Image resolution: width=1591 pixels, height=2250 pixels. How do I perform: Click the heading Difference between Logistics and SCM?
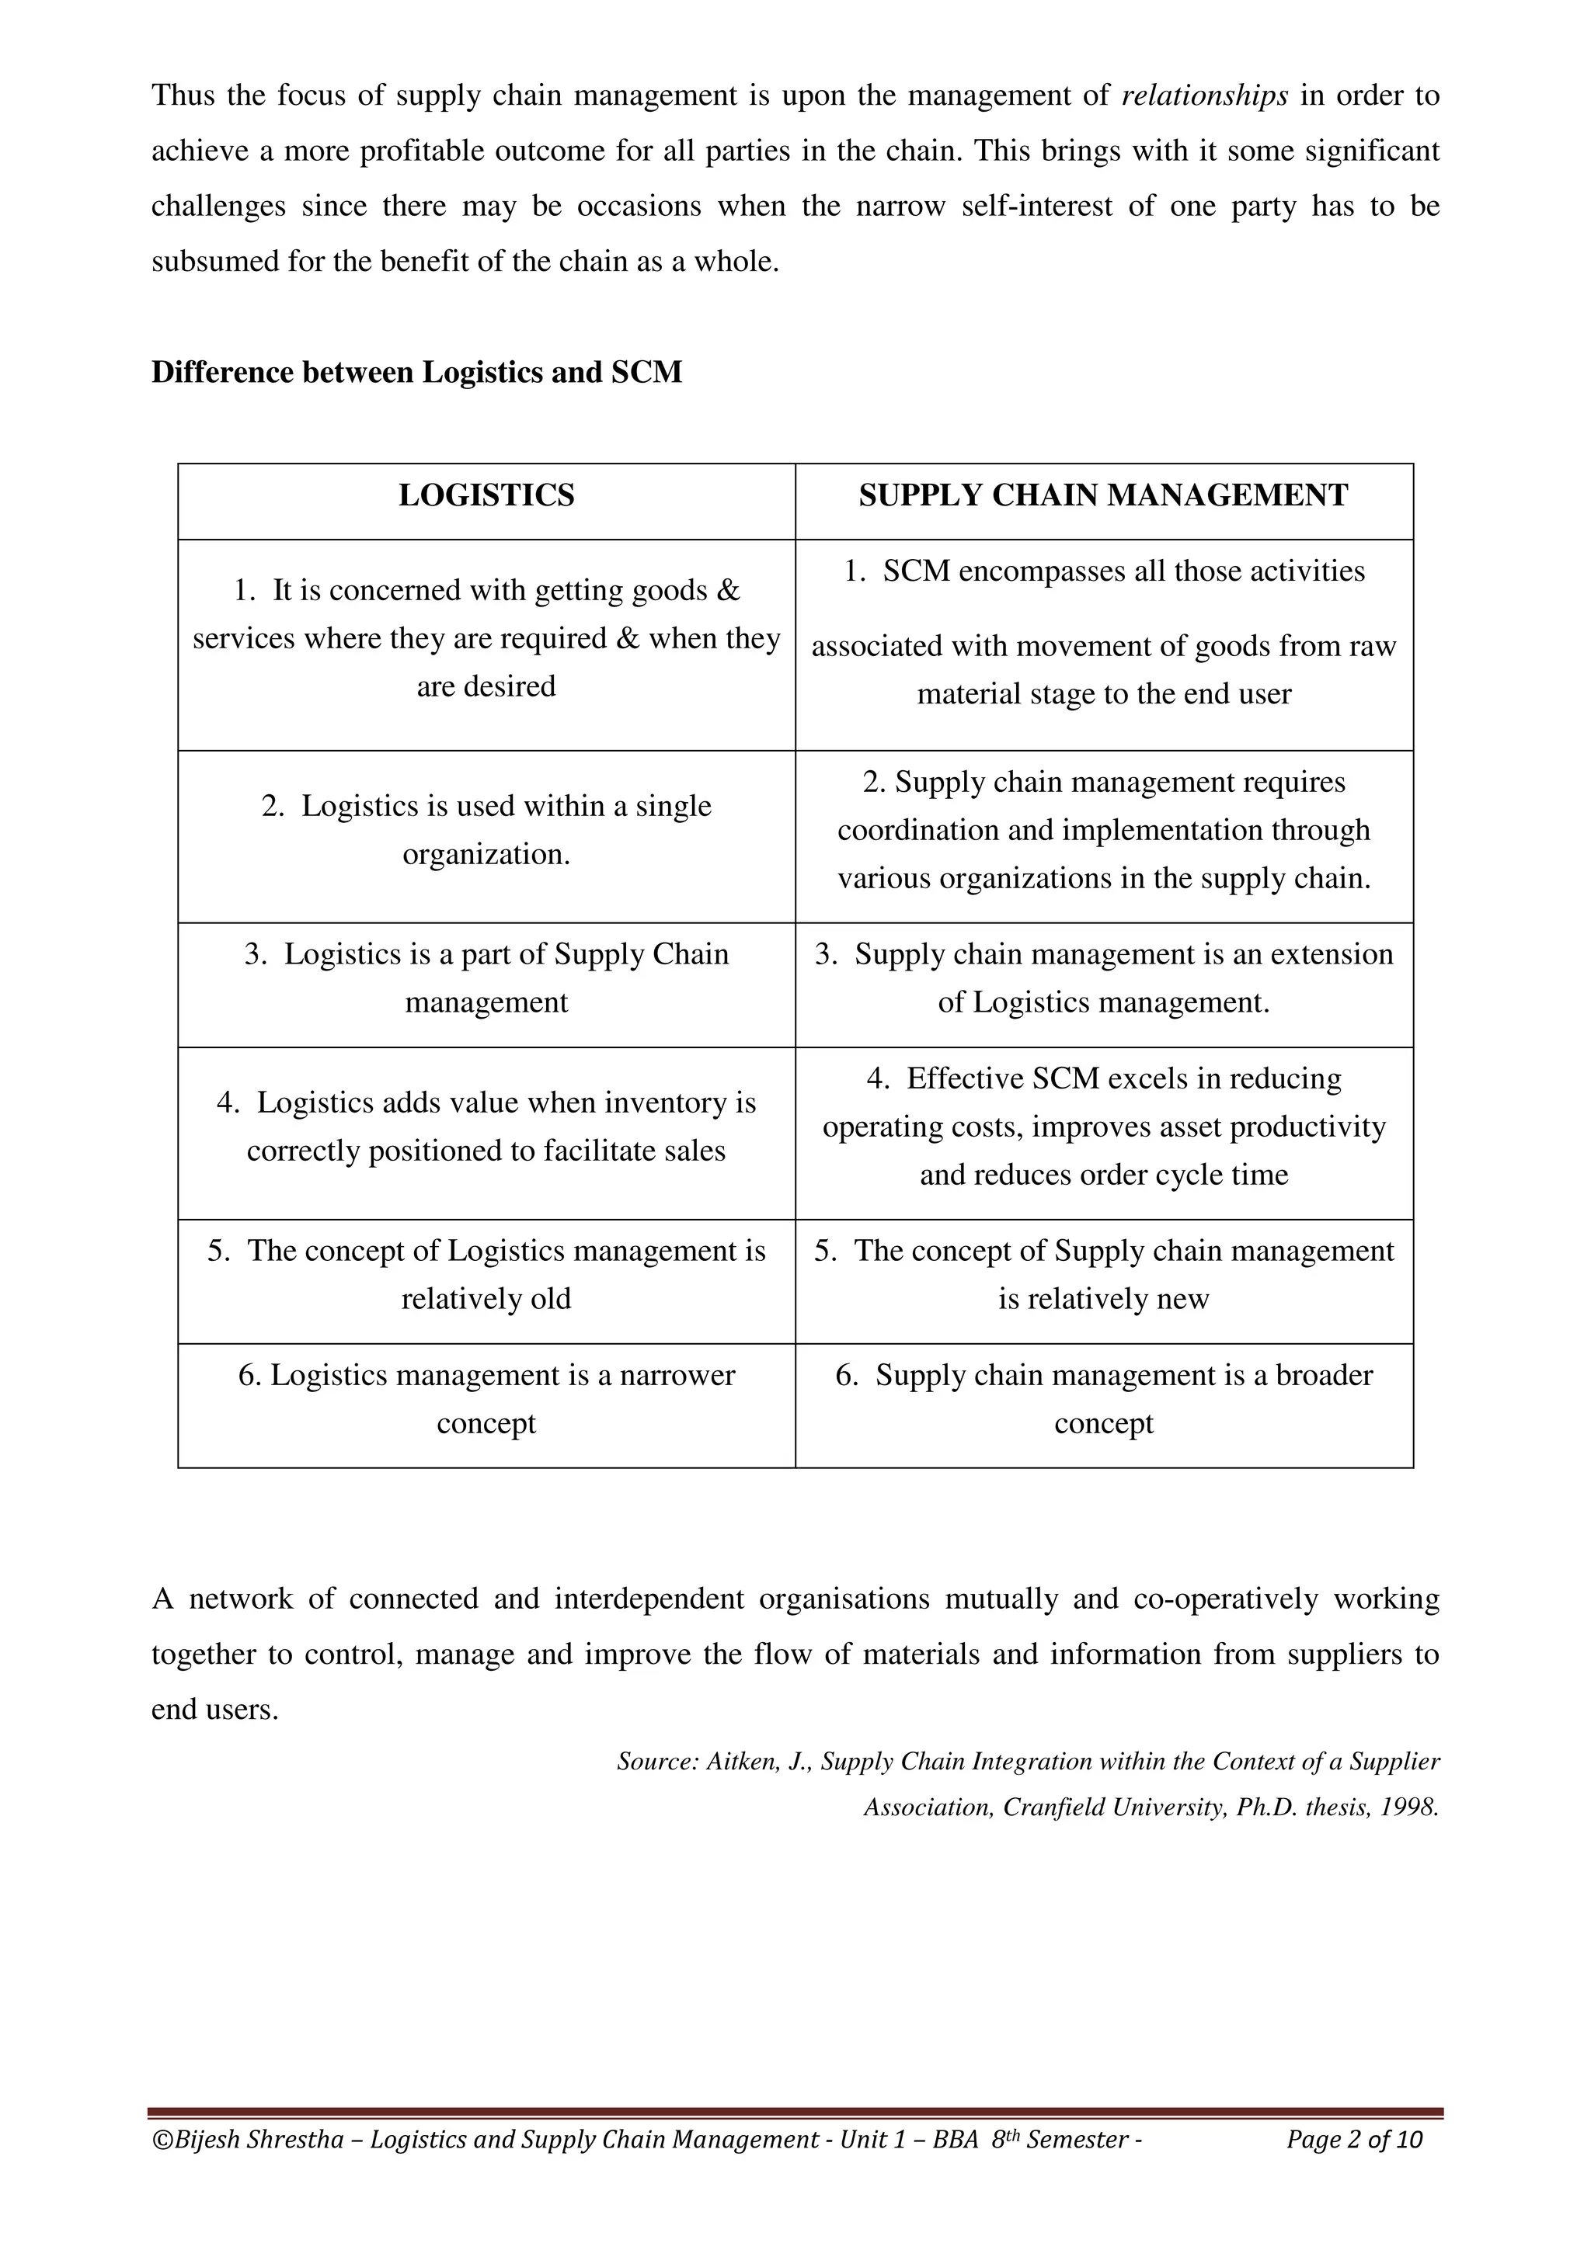click(416, 373)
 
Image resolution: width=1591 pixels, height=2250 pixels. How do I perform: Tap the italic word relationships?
click(1204, 96)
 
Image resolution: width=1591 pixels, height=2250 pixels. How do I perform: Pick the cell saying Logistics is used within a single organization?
click(486, 830)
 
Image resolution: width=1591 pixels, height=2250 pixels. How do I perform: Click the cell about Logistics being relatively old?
click(486, 1275)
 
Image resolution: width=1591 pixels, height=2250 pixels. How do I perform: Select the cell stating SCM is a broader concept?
click(1104, 1399)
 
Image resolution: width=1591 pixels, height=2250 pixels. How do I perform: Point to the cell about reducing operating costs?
click(1104, 1127)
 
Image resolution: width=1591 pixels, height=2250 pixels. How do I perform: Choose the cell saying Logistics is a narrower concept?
click(486, 1399)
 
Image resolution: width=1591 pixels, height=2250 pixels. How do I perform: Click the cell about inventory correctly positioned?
click(486, 1127)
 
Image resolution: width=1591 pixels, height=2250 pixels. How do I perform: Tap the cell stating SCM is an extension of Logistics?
click(1104, 979)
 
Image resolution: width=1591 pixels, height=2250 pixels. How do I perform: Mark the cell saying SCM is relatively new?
click(1104, 1275)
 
